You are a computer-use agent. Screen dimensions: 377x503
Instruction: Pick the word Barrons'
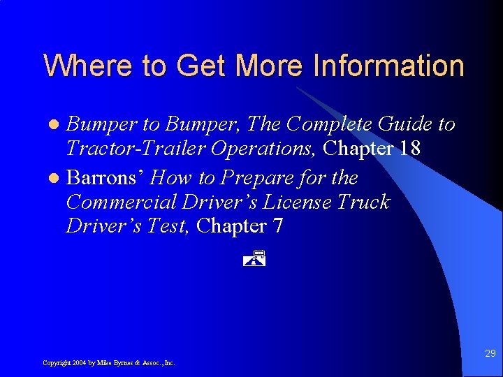[105, 178]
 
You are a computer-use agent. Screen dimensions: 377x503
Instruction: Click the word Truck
[364, 202]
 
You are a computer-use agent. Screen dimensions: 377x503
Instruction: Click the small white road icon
[256, 258]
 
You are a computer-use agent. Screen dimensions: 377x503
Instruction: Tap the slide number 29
[490, 354]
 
